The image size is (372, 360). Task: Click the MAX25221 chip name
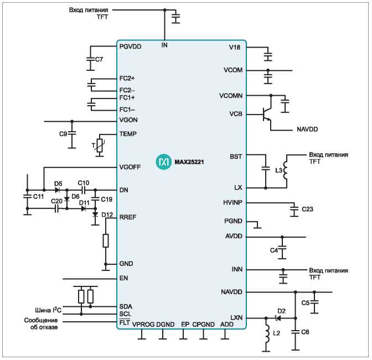coord(189,162)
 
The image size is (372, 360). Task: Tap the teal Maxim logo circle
coord(163,162)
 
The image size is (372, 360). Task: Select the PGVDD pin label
coord(130,46)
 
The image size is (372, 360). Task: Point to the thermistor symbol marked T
coord(100,145)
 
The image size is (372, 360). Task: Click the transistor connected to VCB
coord(267,114)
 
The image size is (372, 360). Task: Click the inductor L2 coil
coord(267,333)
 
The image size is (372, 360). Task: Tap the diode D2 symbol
coord(278,318)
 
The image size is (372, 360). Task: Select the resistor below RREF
coord(106,241)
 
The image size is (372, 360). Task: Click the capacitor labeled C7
coord(90,59)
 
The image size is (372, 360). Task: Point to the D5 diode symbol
coord(57,190)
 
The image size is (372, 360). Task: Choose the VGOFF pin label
coord(130,167)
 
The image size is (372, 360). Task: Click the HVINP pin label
coord(232,202)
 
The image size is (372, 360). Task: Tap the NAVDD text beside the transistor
coord(307,129)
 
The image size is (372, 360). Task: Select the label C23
coord(307,209)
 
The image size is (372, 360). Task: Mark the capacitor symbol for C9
coord(72,134)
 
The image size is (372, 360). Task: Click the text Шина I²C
coord(48,310)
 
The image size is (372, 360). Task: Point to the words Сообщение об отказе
coord(41,324)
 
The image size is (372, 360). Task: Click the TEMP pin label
coord(128,134)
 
